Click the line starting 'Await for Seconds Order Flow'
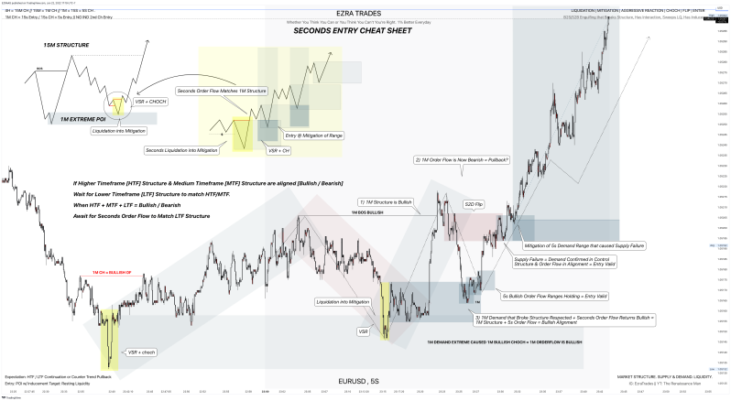[x=141, y=216]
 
